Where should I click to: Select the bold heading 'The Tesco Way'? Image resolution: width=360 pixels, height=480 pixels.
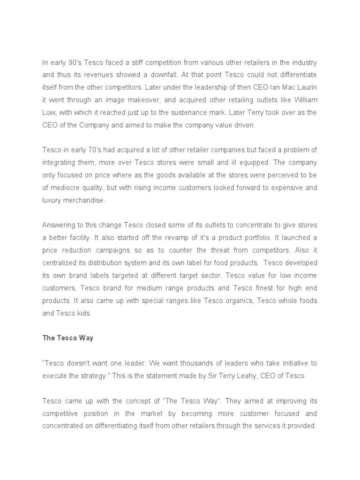[67, 338]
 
